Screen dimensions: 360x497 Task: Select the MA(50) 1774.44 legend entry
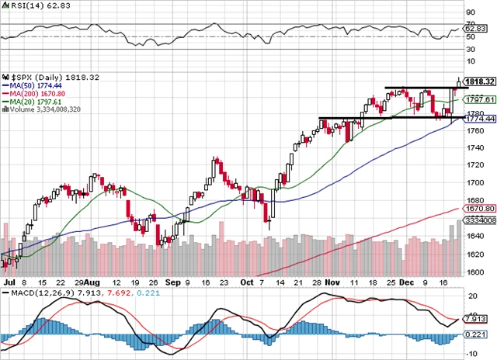point(32,86)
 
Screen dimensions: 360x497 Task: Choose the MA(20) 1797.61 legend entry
point(32,102)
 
